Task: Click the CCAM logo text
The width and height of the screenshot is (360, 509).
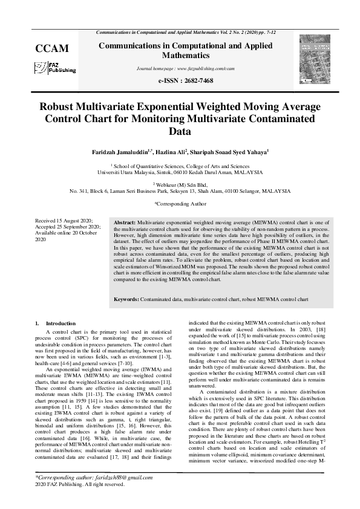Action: pos(52,48)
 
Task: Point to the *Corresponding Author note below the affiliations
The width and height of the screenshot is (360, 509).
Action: pos(180,204)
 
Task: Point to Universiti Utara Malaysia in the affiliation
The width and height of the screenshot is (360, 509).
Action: pos(126,172)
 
